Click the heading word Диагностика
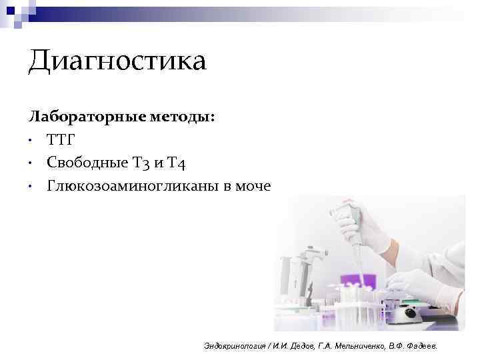[117, 62]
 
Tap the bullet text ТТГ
[61, 140]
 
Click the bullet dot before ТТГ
[31, 141]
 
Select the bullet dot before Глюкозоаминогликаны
[31, 186]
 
